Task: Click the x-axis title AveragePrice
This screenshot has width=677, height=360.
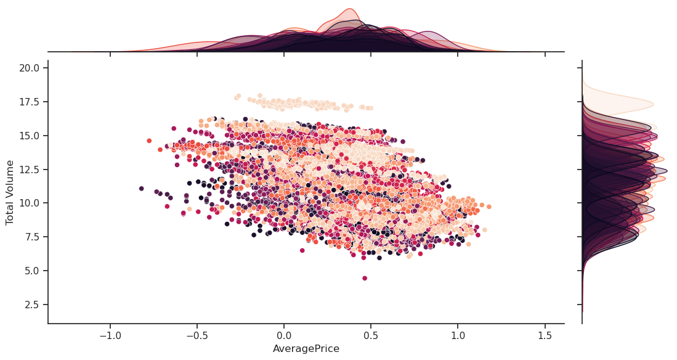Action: [306, 349]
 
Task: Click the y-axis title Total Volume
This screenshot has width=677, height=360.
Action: [10, 192]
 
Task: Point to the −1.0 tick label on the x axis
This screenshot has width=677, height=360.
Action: [110, 337]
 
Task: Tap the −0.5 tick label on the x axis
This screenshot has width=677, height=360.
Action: [197, 337]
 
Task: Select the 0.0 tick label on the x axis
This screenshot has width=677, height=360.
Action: [284, 337]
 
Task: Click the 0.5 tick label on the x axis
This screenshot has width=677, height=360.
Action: [371, 337]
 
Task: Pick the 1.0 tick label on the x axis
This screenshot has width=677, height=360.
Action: [458, 337]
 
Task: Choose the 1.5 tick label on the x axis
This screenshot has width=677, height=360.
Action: [545, 337]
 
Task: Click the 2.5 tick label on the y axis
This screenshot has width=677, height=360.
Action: [31, 305]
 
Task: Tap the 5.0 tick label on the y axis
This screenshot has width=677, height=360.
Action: [31, 271]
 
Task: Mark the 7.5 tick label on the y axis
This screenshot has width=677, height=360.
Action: [31, 237]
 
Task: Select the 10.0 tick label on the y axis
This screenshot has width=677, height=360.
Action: [28, 203]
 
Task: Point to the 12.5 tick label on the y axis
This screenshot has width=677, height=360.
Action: [28, 169]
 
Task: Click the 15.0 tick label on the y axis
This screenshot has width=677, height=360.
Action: [28, 135]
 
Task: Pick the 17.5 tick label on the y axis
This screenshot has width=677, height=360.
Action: [28, 101]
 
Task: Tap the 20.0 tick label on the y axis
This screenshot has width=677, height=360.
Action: [28, 67]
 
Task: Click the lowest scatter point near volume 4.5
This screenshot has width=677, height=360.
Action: [365, 278]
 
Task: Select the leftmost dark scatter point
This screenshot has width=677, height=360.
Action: [142, 189]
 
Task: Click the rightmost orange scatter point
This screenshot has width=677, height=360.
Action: [488, 207]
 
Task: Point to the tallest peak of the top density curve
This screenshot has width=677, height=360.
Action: [350, 9]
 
